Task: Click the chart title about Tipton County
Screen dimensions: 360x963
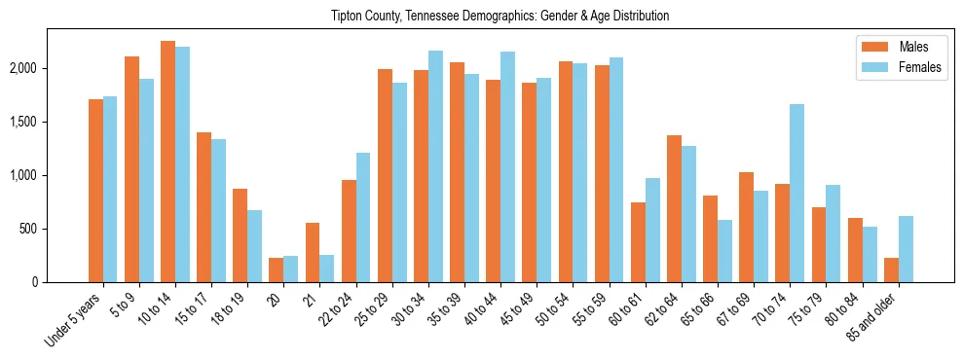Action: [x=481, y=17]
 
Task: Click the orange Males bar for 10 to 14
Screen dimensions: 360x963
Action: [x=167, y=162]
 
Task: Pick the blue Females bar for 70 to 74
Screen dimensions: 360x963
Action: [x=796, y=193]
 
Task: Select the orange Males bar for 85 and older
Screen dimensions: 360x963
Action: [x=891, y=270]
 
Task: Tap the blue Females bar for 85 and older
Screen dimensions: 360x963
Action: [x=906, y=249]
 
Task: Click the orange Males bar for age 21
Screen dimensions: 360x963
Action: [x=313, y=252]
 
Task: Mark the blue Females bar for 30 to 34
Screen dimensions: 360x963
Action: [x=435, y=166]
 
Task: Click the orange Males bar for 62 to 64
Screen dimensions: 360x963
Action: [x=674, y=208]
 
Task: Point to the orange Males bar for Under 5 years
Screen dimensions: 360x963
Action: [x=95, y=191]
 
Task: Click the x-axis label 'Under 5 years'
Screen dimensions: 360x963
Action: [x=74, y=320]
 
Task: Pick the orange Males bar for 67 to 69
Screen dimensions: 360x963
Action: [x=746, y=227]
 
